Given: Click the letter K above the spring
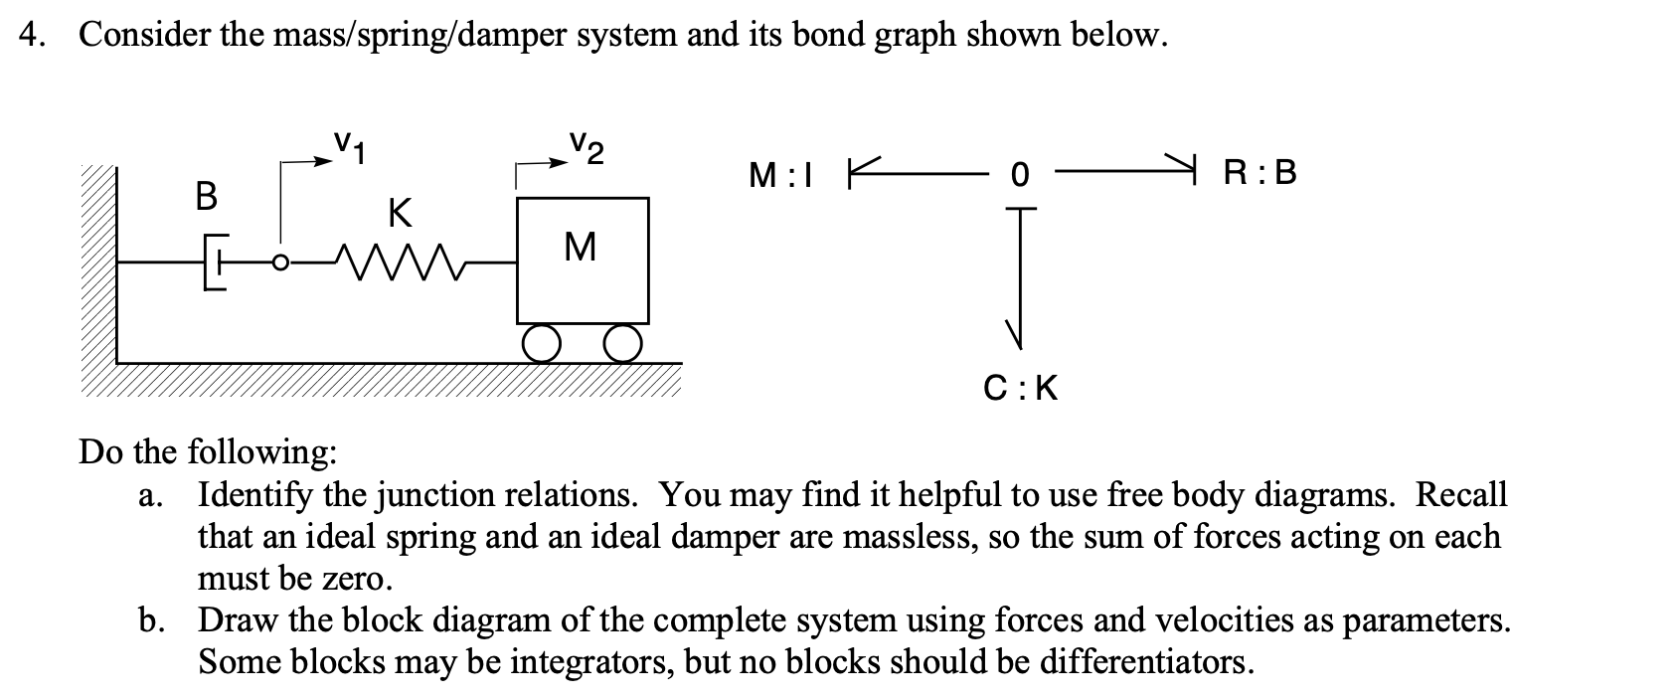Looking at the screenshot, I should point(399,212).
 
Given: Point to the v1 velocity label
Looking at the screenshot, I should point(347,147).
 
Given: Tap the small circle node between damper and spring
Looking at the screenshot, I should point(280,262).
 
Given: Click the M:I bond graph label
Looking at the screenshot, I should point(781,175).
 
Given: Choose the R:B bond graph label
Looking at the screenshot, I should point(1260,174).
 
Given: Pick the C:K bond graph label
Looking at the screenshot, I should point(1020,388).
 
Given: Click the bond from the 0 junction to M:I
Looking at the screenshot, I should point(915,174).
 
